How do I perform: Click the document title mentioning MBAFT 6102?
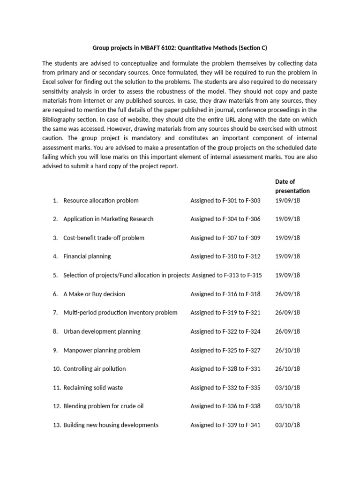point(180,47)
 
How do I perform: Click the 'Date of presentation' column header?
point(292,186)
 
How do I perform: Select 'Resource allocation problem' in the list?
point(101,201)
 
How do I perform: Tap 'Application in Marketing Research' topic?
point(108,219)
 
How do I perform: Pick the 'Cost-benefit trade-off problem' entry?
point(104,238)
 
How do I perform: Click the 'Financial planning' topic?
point(87,256)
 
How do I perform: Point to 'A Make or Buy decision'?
point(94,294)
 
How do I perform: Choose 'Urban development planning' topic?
point(102,331)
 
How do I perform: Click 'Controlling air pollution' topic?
point(95,369)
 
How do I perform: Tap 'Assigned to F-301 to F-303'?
point(225,201)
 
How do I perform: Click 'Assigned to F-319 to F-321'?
point(225,313)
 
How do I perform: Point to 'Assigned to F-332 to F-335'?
point(225,388)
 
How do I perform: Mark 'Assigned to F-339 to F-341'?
point(225,425)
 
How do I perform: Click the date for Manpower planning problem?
point(287,350)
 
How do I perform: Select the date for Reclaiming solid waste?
point(287,388)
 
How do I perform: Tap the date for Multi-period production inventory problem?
point(287,313)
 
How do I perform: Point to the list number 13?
point(57,425)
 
